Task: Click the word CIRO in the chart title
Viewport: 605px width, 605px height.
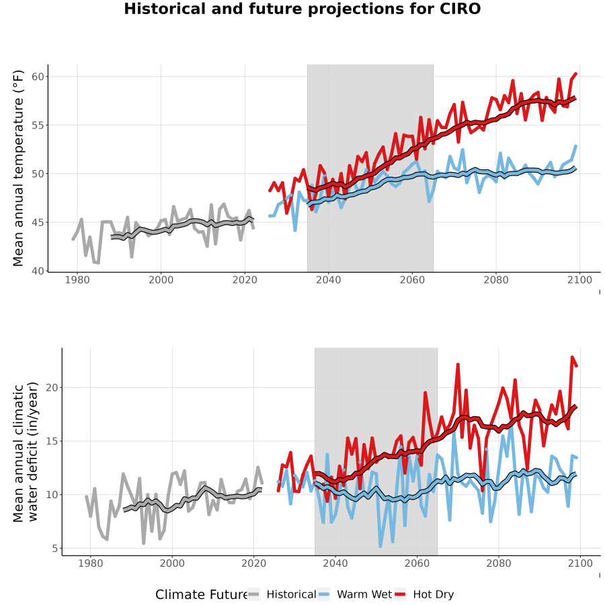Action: pos(458,9)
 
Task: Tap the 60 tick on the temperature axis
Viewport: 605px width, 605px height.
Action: pos(38,77)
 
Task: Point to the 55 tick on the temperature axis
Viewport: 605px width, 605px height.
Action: pos(38,125)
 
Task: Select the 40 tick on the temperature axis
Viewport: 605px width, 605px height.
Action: pos(38,271)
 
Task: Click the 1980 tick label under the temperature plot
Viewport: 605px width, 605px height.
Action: pos(77,280)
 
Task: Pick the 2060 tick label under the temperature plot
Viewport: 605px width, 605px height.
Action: pos(412,280)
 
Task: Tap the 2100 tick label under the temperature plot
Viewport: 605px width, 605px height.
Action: pos(579,280)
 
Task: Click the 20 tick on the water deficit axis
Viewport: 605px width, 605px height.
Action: pos(52,387)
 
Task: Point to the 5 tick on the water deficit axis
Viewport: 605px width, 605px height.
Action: pos(55,549)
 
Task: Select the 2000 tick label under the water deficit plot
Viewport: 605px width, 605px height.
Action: pos(172,563)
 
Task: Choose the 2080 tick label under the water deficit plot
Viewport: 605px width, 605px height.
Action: pos(499,563)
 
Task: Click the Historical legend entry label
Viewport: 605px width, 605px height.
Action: pos(291,594)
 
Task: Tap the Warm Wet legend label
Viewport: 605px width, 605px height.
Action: pos(364,594)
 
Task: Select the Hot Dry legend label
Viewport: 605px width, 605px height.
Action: pos(434,595)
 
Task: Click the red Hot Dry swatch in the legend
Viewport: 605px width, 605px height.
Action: pos(400,594)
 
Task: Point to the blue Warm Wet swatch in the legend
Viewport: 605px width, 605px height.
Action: pos(324,594)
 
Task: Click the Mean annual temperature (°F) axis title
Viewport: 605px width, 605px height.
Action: pos(18,168)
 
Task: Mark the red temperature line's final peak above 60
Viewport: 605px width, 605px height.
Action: pos(576,73)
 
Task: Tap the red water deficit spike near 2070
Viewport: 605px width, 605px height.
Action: pos(458,364)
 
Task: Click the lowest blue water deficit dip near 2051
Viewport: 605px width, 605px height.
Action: pos(380,547)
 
